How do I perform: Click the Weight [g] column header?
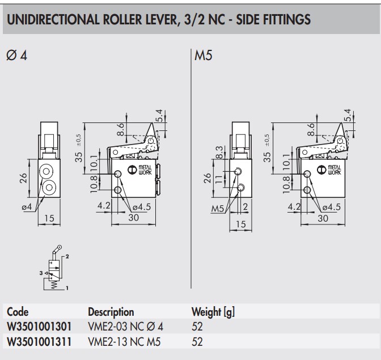[x=214, y=312]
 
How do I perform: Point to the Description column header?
[x=111, y=312]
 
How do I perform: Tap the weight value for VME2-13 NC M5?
[x=197, y=341]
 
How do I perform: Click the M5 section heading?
[x=203, y=57]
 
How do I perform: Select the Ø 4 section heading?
[x=16, y=57]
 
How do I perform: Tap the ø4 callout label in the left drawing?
[x=26, y=207]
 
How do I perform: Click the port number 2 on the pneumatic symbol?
[x=67, y=257]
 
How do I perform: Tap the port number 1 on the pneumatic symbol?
[x=67, y=289]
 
